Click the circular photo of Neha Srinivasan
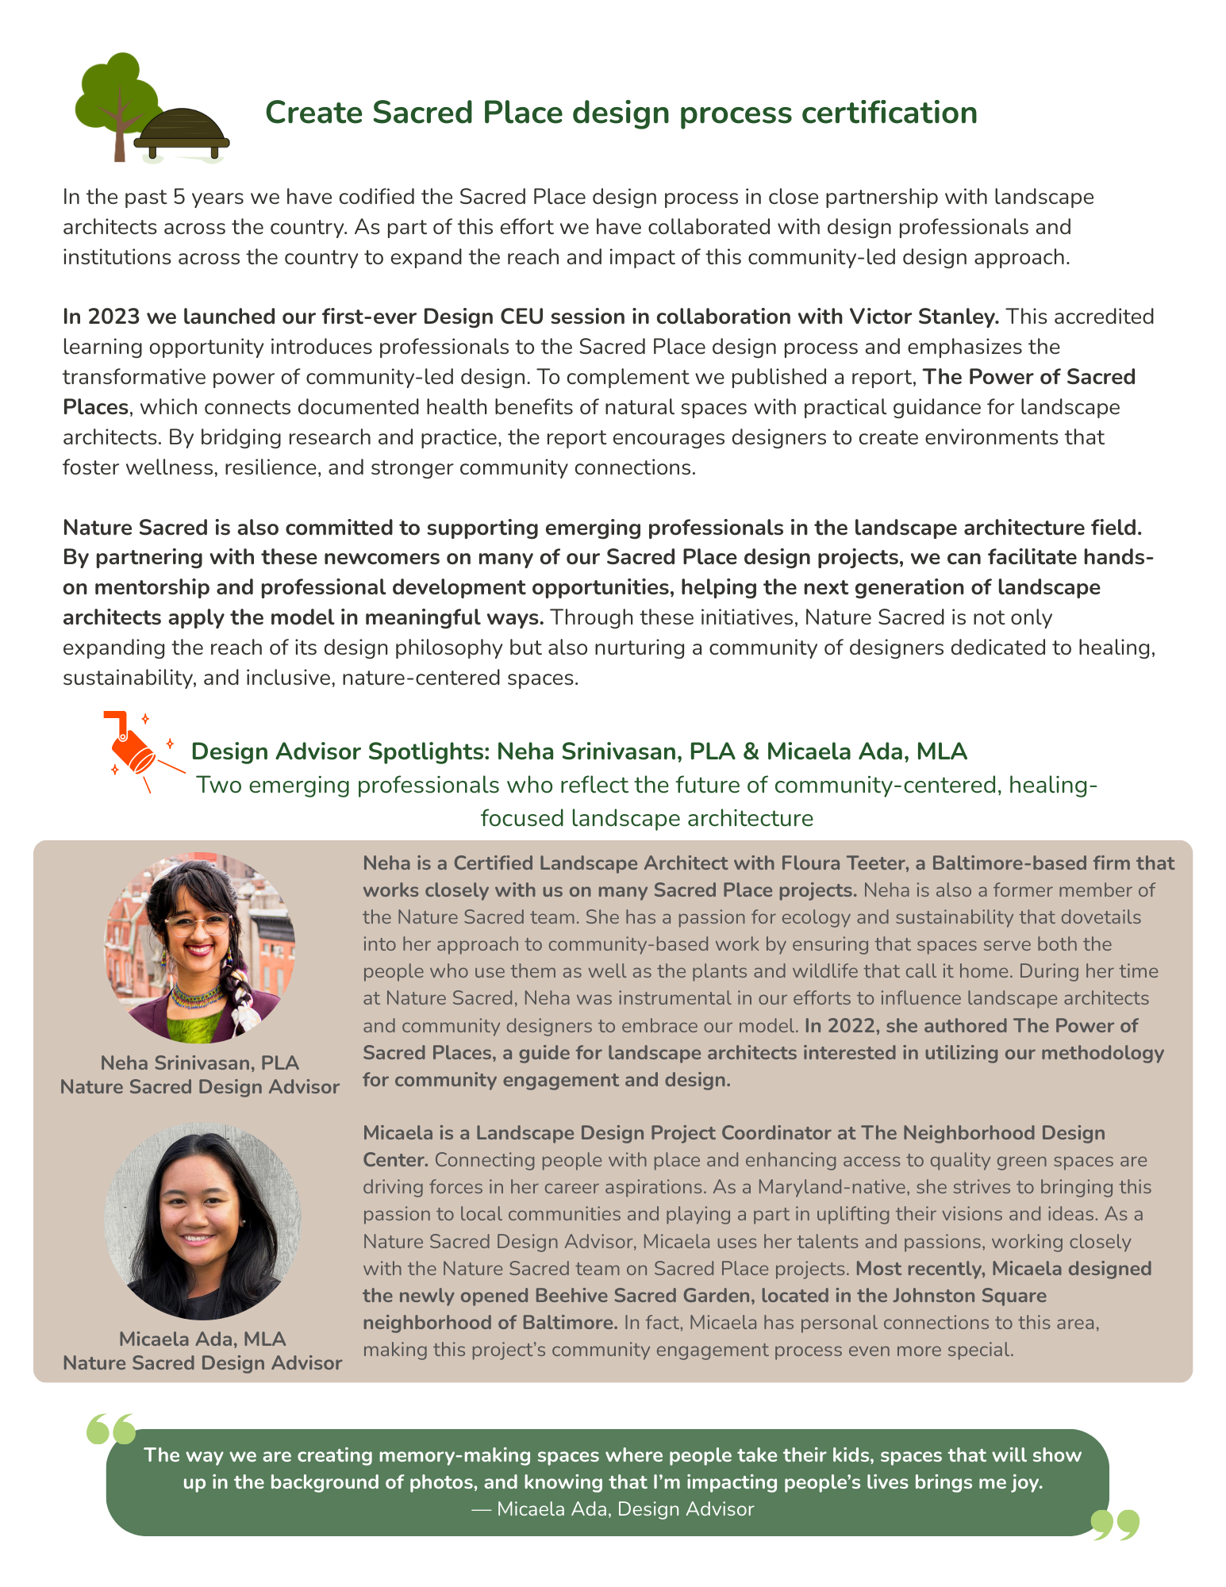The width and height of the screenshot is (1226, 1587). pos(200,947)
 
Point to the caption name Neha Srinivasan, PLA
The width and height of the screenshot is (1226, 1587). pos(200,1062)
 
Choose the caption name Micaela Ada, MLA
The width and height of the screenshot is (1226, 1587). pos(202,1339)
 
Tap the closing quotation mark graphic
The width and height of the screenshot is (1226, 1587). pos(1115,1524)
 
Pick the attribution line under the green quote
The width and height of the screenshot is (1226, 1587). pos(613,1508)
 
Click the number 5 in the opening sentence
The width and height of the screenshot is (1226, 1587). pos(179,197)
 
